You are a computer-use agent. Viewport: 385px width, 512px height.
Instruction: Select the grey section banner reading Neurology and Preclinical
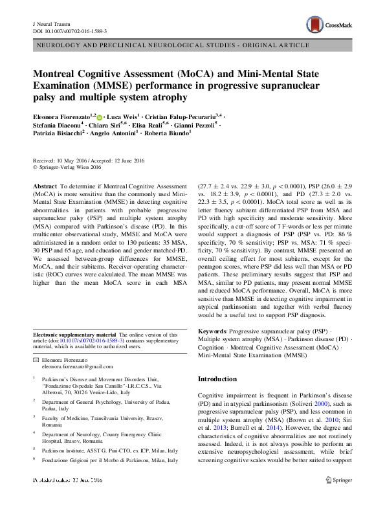[x=192, y=48]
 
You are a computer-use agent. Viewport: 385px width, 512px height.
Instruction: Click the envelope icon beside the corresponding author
[x=36, y=359]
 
